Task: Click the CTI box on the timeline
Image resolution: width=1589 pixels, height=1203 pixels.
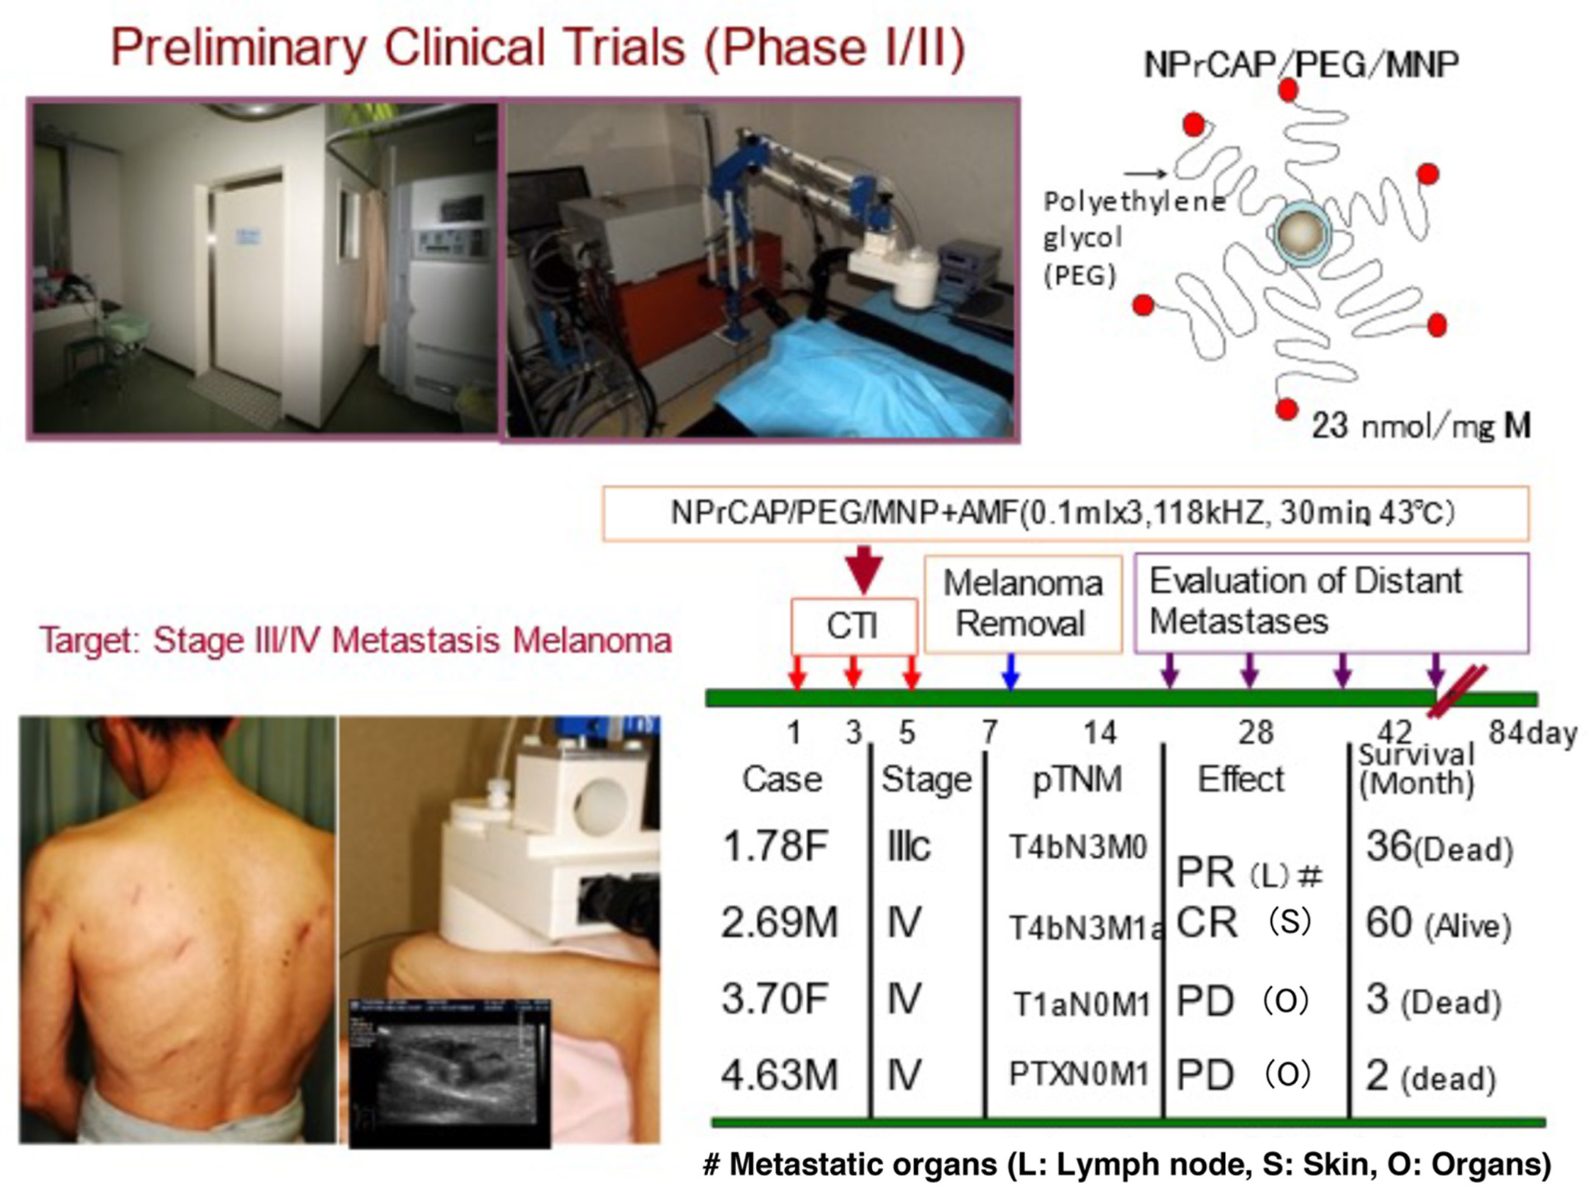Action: [x=854, y=625]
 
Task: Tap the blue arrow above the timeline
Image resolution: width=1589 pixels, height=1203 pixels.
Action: [x=1011, y=671]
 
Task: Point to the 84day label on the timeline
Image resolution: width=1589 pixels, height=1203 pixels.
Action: [x=1532, y=733]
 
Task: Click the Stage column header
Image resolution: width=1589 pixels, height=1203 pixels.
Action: [x=926, y=779]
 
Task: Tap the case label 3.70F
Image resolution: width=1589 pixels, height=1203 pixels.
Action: [x=774, y=999]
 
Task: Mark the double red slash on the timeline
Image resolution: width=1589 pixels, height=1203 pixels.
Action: [x=1456, y=691]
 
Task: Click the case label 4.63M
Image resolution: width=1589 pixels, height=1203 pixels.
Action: [x=779, y=1075]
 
